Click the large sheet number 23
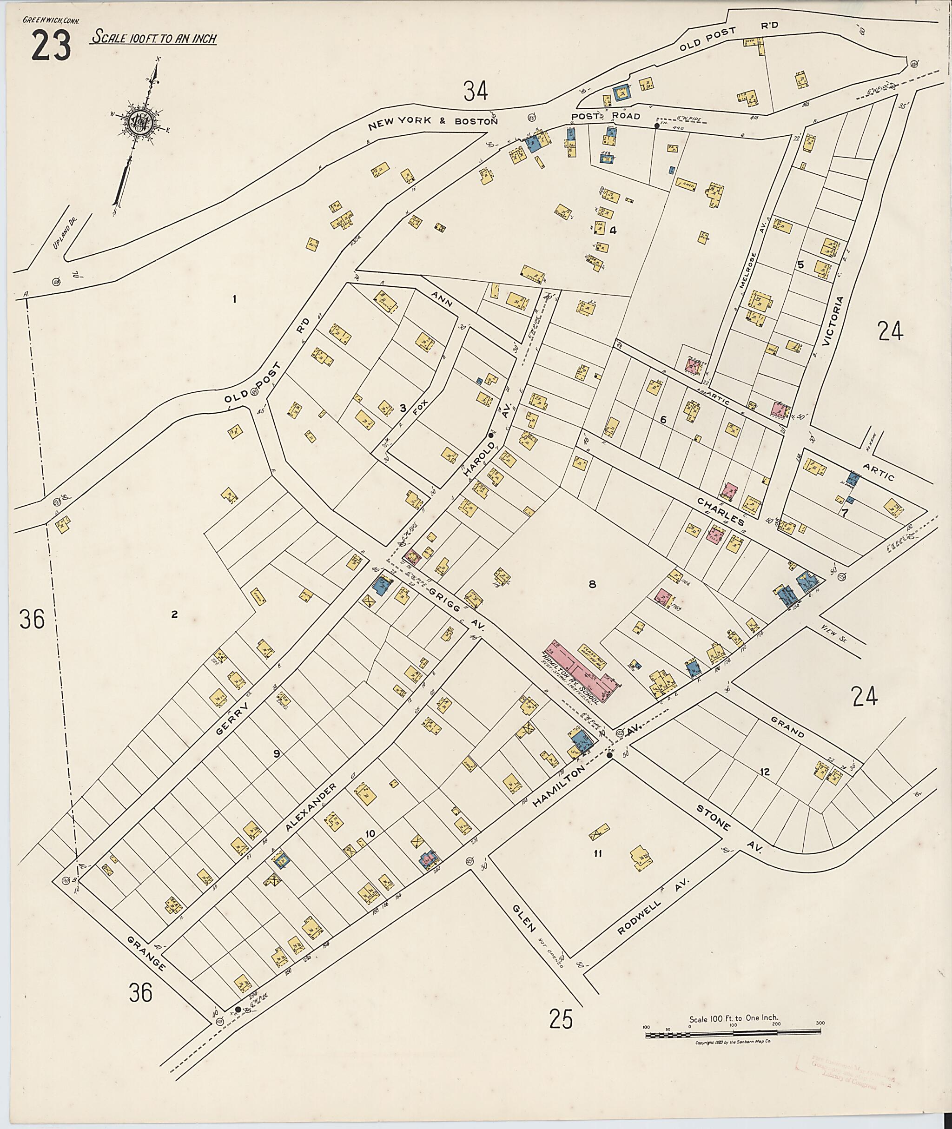tap(51, 46)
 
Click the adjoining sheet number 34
tap(476, 90)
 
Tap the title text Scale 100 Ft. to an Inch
tap(154, 38)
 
